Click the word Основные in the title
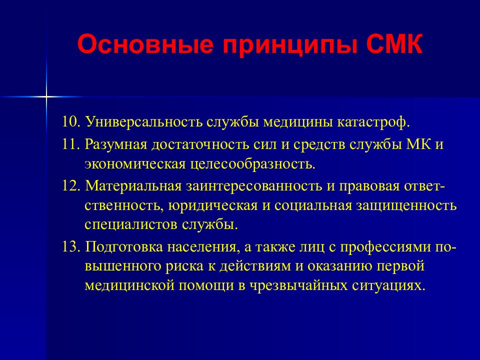[145, 44]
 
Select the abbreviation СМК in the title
[394, 44]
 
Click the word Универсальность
[143, 122]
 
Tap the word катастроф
[373, 122]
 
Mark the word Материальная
[133, 186]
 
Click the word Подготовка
[124, 247]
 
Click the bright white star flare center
[46, 97]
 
